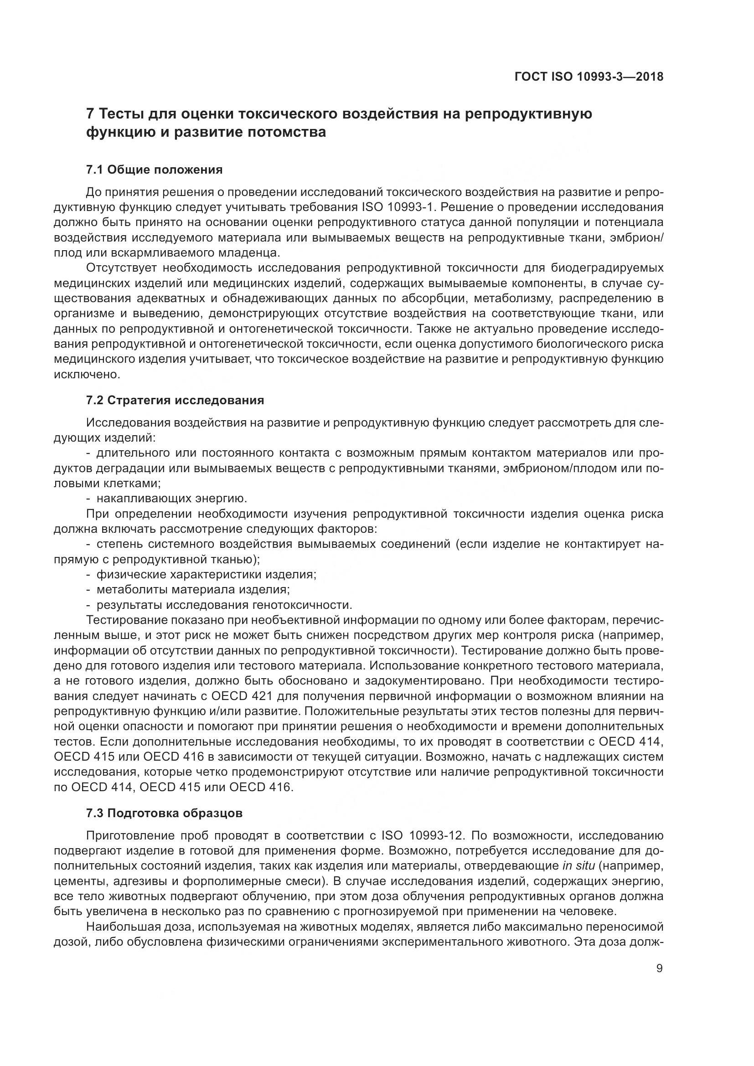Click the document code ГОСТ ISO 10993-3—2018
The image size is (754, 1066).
589,77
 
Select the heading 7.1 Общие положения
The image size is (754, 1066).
154,170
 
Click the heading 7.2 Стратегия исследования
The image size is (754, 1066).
175,400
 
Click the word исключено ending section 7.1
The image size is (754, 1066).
87,374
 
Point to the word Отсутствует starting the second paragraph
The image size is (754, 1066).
121,268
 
